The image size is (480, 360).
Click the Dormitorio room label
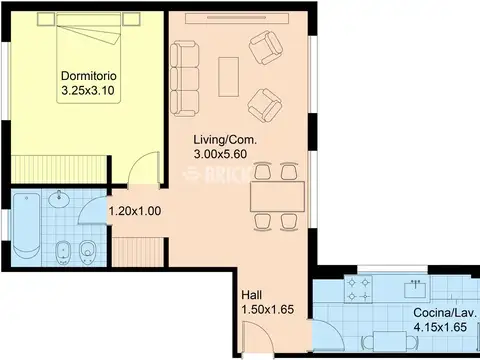pos(89,76)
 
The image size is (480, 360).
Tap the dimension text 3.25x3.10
pos(88,90)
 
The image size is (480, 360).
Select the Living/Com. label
pos(225,140)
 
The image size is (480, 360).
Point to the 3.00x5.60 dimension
pos(220,154)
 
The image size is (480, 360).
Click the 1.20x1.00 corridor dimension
pos(135,211)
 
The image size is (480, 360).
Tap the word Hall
pos(252,295)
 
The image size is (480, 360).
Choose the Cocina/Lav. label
pos(445,313)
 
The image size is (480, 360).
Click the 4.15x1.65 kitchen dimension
pos(440,327)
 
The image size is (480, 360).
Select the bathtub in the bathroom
pos(26,227)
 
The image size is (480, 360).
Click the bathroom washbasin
pos(59,199)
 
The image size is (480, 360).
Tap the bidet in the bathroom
pos(62,252)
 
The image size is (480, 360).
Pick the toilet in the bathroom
pos(88,252)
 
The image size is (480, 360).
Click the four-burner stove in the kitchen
pos(358,289)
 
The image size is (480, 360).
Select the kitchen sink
pos(415,289)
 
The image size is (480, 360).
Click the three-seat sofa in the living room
pos(185,79)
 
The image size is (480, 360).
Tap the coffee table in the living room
pos(228,77)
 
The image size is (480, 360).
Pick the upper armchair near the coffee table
pos(266,47)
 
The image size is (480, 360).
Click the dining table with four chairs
pos(277,196)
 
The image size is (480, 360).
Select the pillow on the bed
pos(88,20)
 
